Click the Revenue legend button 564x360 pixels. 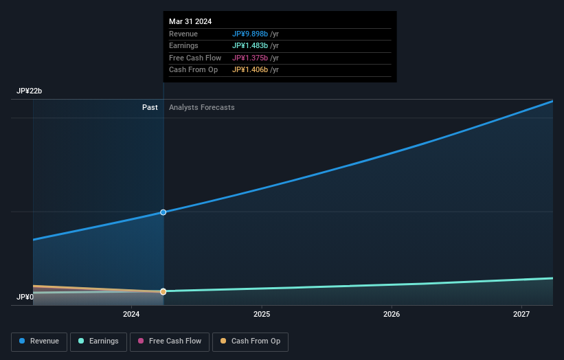39,341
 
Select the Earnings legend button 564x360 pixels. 98,341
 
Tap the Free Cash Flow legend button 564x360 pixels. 168,341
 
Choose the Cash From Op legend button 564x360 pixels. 250,341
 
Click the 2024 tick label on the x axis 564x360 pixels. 131,315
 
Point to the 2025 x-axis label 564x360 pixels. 261,315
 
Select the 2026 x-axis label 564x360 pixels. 392,315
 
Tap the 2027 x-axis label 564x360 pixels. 521,315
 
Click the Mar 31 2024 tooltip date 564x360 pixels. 190,21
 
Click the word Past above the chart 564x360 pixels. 150,107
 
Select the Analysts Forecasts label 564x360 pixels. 201,107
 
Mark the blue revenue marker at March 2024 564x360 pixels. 163,212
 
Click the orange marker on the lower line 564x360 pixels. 163,291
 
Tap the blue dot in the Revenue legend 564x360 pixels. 23,341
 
